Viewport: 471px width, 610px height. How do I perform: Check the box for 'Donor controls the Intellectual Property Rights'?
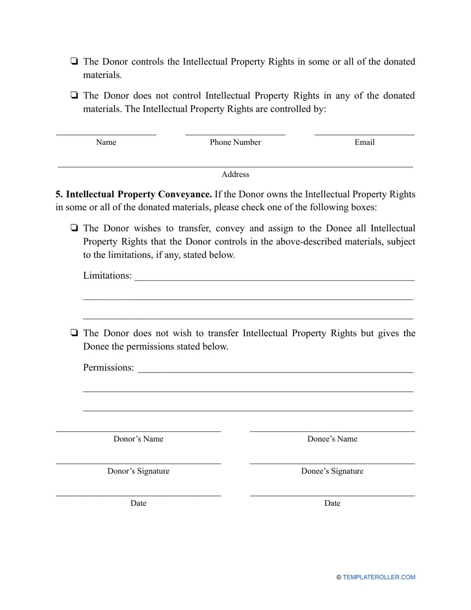[73, 62]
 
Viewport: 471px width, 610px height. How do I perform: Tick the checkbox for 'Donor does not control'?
[73, 96]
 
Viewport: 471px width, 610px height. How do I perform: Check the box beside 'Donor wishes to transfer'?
[73, 229]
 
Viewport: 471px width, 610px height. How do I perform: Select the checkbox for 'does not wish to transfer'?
[73, 333]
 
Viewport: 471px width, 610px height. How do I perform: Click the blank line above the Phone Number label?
[235, 133]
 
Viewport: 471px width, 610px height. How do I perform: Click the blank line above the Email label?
[364, 133]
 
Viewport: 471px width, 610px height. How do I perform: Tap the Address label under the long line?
[235, 175]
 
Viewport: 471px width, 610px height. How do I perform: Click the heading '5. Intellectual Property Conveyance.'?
[134, 194]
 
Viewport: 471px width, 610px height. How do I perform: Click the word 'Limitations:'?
[108, 276]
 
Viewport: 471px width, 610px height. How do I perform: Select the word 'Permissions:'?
[109, 368]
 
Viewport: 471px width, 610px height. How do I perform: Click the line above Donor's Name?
[138, 430]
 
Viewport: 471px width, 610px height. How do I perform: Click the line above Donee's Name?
[332, 430]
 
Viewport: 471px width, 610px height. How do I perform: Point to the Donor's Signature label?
[138, 471]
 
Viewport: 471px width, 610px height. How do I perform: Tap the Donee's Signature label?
[332, 471]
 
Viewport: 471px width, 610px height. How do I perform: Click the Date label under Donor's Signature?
[138, 503]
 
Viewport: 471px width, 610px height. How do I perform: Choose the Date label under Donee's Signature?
[332, 503]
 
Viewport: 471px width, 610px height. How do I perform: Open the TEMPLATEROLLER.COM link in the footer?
[379, 577]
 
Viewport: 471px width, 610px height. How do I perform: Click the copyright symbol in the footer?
[339, 577]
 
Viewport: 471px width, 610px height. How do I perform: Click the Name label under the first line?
[106, 142]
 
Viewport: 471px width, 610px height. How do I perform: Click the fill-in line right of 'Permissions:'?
[275, 371]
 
